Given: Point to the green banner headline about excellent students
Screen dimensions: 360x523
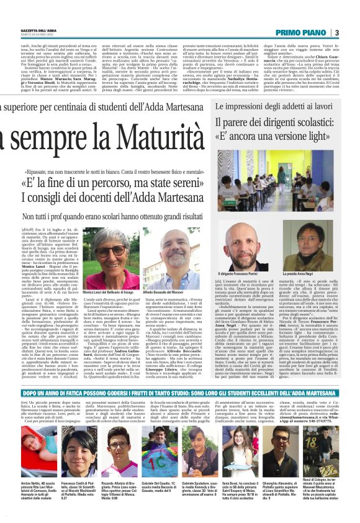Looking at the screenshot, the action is (x=180, y=411).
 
